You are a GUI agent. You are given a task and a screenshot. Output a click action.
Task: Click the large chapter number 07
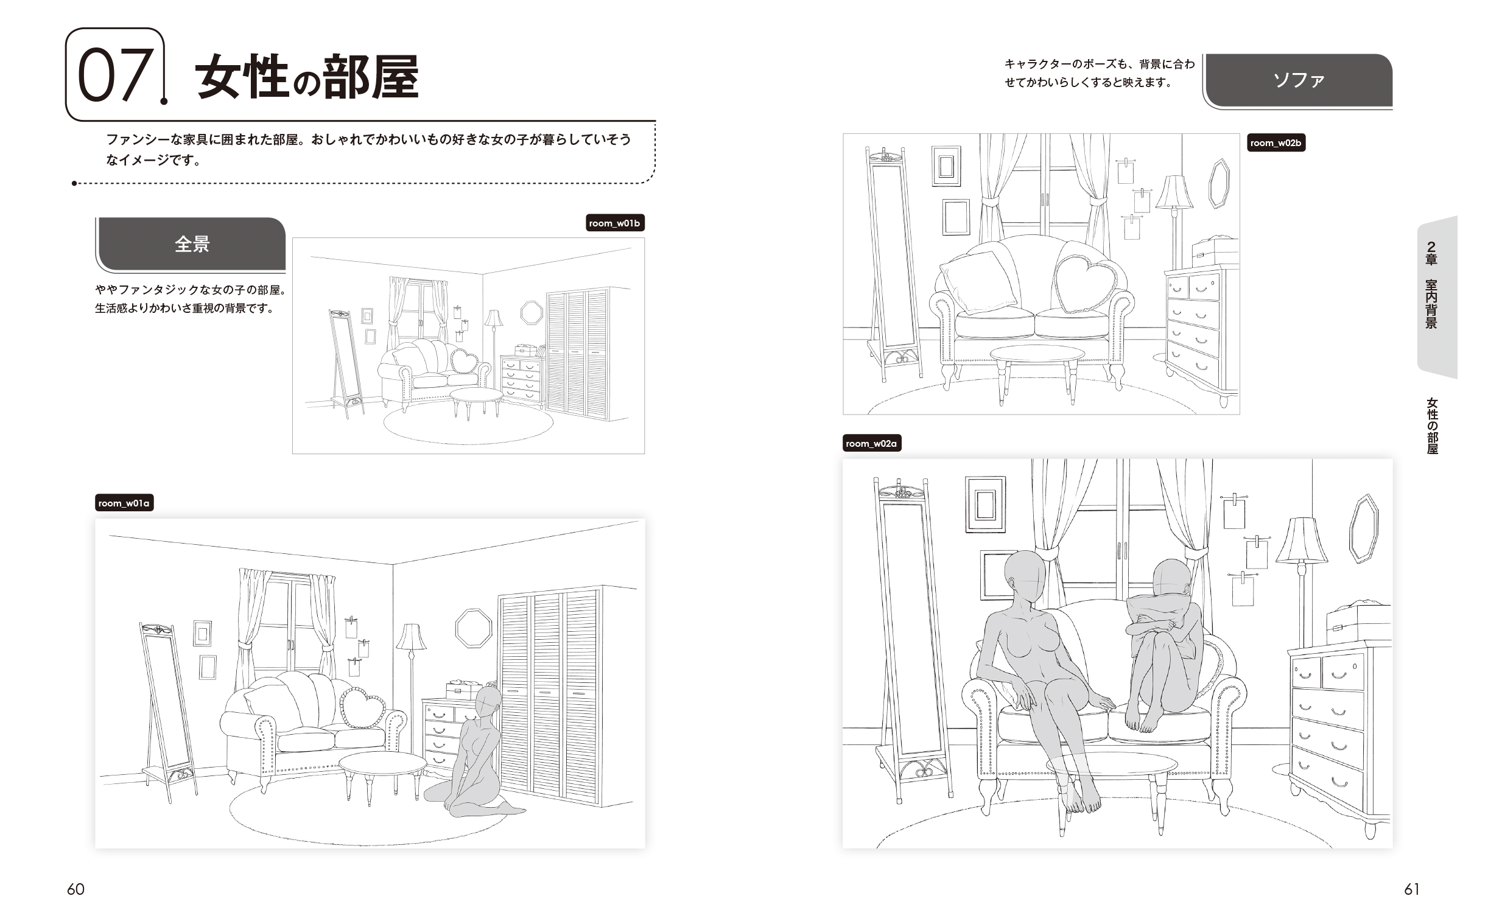click(114, 75)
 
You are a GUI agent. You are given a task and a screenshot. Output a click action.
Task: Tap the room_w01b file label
click(615, 223)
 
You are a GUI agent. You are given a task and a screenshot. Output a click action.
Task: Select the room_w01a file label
click(124, 503)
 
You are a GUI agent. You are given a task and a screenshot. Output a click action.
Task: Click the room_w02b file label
click(1276, 143)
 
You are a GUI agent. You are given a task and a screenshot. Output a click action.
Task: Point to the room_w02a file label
click(871, 443)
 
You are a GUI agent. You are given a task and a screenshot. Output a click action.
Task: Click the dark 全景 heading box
click(192, 244)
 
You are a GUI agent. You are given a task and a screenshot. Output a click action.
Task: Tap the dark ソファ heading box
click(1299, 80)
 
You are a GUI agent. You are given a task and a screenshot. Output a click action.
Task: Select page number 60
click(75, 889)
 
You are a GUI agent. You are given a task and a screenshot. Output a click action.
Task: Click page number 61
click(1412, 889)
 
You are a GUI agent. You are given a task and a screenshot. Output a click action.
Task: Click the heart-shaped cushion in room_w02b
click(1087, 282)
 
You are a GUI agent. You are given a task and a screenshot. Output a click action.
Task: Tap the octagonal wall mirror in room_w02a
click(1363, 528)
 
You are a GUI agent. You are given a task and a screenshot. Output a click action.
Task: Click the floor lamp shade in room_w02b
click(1173, 192)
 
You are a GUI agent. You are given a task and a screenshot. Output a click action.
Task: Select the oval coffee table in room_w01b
click(476, 395)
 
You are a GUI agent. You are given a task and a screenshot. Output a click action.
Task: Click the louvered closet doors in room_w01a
click(548, 697)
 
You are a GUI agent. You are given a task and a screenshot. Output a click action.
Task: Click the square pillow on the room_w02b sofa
click(978, 282)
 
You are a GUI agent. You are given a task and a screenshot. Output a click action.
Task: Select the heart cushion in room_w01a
click(363, 707)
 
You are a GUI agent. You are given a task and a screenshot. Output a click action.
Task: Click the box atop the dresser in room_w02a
click(1358, 623)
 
